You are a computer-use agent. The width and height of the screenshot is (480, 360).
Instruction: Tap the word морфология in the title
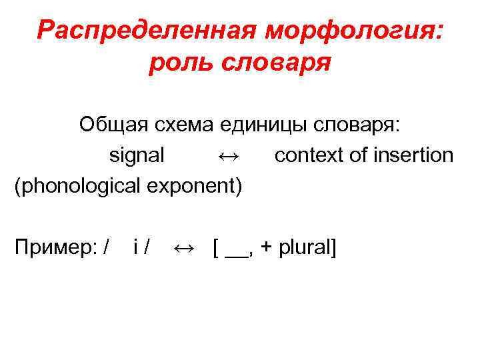[x=353, y=30]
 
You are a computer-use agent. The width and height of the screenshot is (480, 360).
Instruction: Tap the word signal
[x=137, y=155]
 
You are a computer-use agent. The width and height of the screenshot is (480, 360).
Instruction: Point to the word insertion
[x=413, y=155]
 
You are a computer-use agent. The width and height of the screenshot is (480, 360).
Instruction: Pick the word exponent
[x=193, y=186]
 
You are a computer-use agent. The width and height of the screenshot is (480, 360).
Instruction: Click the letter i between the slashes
[x=136, y=248]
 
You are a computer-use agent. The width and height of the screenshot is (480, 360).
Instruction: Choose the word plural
[x=304, y=249]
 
